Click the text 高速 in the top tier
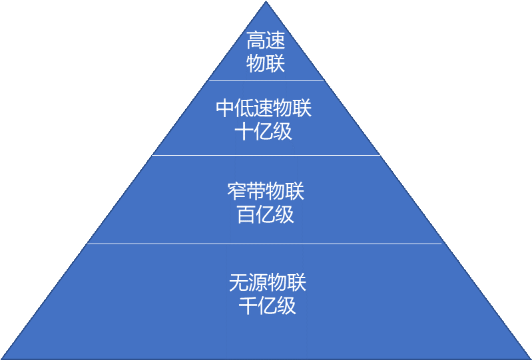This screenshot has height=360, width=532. (x=266, y=41)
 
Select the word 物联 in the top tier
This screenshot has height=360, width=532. (x=266, y=64)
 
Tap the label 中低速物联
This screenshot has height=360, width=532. (x=264, y=108)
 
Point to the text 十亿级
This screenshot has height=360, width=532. (x=264, y=131)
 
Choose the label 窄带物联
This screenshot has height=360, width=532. (x=266, y=192)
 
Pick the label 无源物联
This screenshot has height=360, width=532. (x=267, y=283)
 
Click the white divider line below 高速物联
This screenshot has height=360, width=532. (x=266, y=80)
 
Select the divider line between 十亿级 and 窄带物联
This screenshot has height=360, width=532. (x=266, y=156)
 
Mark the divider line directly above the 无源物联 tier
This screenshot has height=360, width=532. (x=266, y=244)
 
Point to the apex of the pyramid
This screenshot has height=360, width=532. (x=267, y=3)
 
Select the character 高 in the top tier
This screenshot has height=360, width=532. (x=256, y=41)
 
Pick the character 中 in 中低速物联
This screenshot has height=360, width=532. (x=225, y=108)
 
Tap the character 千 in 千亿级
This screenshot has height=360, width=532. (x=248, y=305)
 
